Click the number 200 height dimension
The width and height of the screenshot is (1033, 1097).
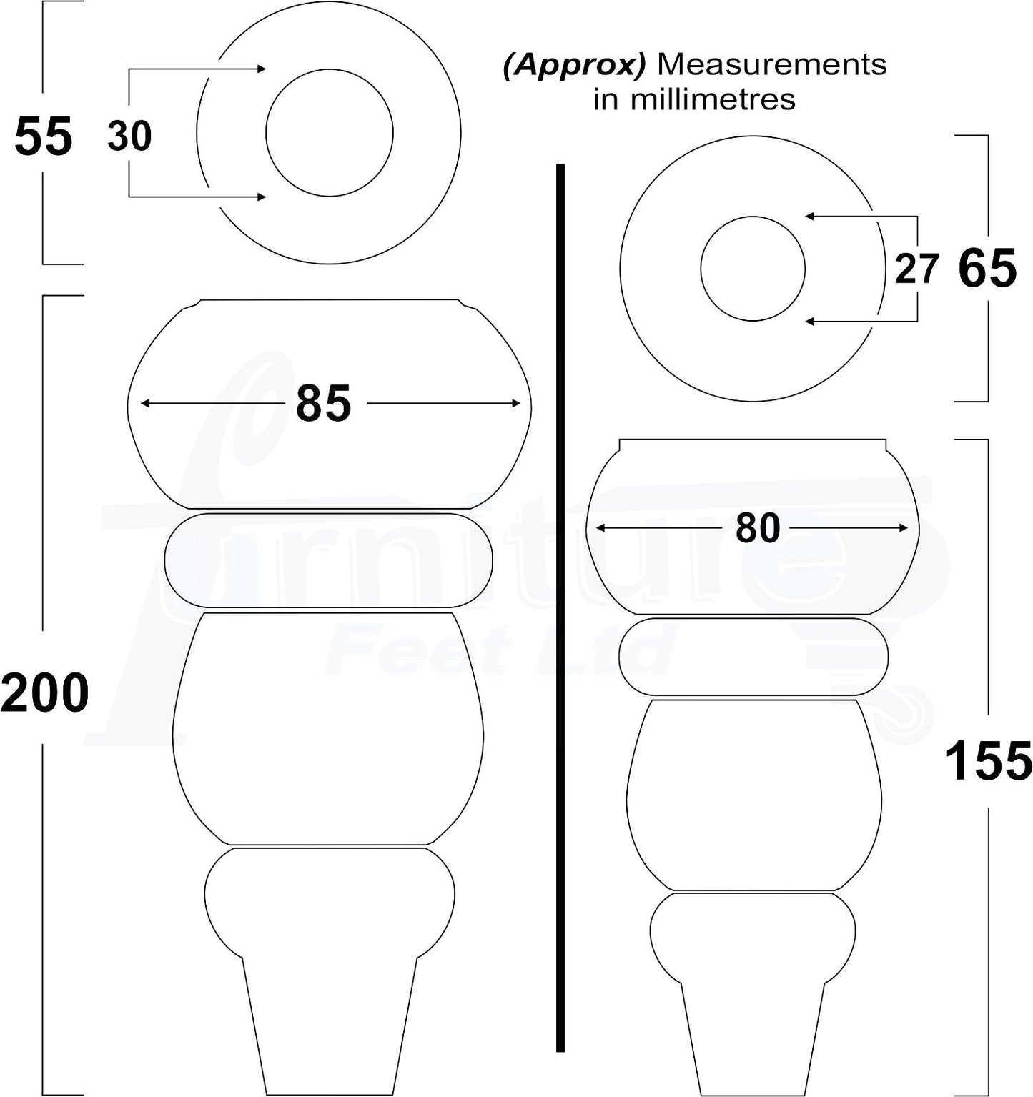44,693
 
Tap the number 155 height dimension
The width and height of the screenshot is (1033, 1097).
988,761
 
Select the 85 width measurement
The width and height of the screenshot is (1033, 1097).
323,404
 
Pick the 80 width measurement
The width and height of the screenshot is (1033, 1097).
757,528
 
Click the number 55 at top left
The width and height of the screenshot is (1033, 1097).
43,136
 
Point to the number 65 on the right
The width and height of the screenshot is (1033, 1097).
987,269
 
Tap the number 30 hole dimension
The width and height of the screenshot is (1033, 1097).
129,136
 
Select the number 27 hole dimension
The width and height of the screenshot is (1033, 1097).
916,269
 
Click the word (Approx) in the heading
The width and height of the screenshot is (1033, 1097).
574,65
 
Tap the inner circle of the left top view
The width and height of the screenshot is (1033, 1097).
330,132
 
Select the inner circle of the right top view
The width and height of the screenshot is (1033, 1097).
753,269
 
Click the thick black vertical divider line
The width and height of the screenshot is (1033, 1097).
560,607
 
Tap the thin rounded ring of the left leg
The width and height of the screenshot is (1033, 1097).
328,560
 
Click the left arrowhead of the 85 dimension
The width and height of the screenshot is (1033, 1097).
144,404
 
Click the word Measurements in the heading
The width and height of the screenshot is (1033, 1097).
771,65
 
